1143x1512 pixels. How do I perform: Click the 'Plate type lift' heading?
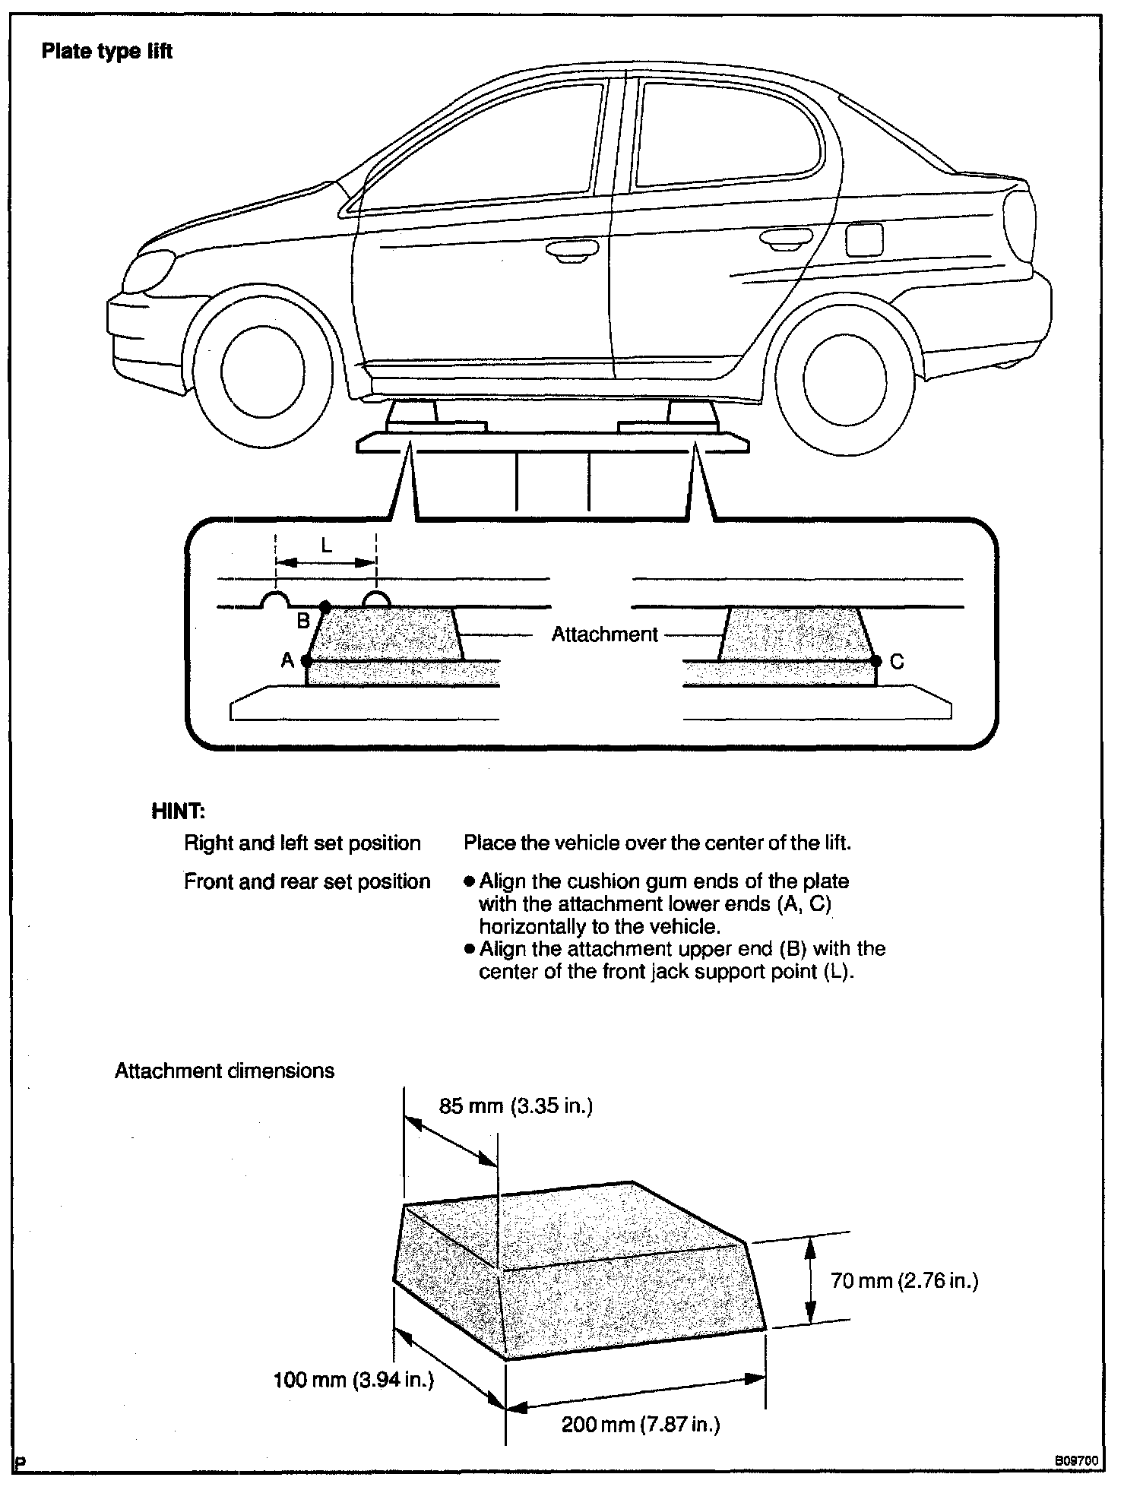107,52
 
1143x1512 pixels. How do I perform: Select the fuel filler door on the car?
864,239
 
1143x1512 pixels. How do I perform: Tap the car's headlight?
149,271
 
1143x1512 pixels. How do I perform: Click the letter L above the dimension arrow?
326,545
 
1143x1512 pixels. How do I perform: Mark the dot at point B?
325,607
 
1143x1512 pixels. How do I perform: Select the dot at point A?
306,661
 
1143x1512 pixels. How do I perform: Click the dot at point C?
875,661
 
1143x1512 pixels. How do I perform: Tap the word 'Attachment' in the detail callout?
604,634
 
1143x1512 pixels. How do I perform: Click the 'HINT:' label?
178,811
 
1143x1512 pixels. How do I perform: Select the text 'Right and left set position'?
302,843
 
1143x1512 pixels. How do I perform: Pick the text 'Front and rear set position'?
307,881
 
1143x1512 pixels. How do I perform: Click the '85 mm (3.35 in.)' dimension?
515,1106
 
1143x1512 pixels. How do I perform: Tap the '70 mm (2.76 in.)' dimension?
904,1281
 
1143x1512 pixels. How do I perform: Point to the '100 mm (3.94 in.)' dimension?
353,1380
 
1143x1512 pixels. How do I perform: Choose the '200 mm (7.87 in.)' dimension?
640,1425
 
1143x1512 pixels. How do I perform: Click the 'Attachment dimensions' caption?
224,1071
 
